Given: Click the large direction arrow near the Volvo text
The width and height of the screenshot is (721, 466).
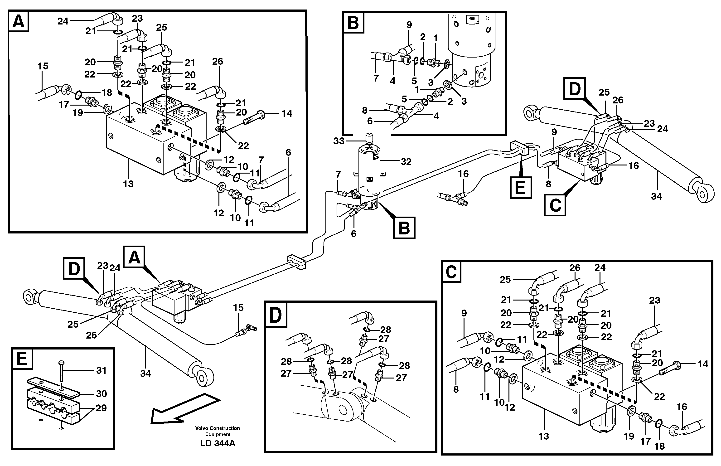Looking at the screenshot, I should point(184,408).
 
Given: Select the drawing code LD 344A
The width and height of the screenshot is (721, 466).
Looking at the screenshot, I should point(218,443).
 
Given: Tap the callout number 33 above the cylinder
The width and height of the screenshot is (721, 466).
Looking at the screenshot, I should point(339,141).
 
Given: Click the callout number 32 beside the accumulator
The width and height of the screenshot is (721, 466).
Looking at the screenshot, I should point(406,162).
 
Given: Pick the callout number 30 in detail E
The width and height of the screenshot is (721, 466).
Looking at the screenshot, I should point(101,394).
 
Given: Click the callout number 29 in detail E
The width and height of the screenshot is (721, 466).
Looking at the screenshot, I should point(101,408).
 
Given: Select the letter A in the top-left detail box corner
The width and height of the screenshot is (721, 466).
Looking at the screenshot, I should point(19,22).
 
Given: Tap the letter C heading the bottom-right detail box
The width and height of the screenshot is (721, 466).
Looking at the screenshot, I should point(451,272).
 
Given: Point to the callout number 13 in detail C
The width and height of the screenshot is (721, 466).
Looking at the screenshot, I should point(543,436).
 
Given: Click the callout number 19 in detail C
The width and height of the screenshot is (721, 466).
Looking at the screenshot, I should point(629,436).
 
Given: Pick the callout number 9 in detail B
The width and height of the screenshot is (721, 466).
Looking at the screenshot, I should point(409,25).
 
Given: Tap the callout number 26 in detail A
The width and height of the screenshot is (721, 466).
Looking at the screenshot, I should point(217,61).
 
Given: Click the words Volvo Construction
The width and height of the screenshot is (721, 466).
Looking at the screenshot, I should point(217,428).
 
